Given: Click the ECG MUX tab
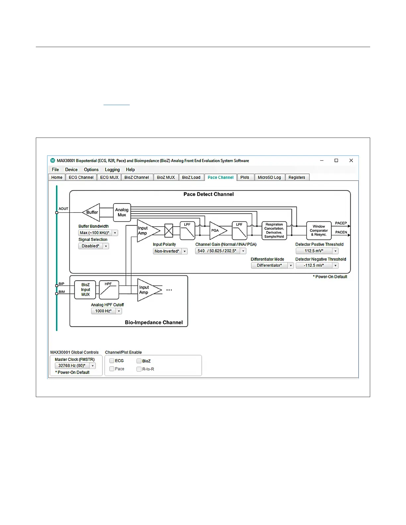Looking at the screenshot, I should point(109,177).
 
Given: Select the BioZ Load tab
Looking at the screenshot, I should point(191,177).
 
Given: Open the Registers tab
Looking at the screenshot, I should point(297,177).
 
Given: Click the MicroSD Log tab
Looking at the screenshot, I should point(269,177).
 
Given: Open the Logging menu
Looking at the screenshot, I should point(112,169).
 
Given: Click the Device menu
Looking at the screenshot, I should point(71,169).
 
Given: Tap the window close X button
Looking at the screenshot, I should point(351,160).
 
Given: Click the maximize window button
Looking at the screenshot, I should point(336,160).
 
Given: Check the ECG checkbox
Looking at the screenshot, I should point(112,361).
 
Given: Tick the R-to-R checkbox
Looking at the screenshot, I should point(139,369).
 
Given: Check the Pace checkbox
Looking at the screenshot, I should point(112,369).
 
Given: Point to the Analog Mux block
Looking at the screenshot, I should point(122,212).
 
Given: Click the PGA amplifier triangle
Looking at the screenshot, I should point(217,230).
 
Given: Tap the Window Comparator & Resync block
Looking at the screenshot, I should point(318,230).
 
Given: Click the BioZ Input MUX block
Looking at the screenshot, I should point(85,290).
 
